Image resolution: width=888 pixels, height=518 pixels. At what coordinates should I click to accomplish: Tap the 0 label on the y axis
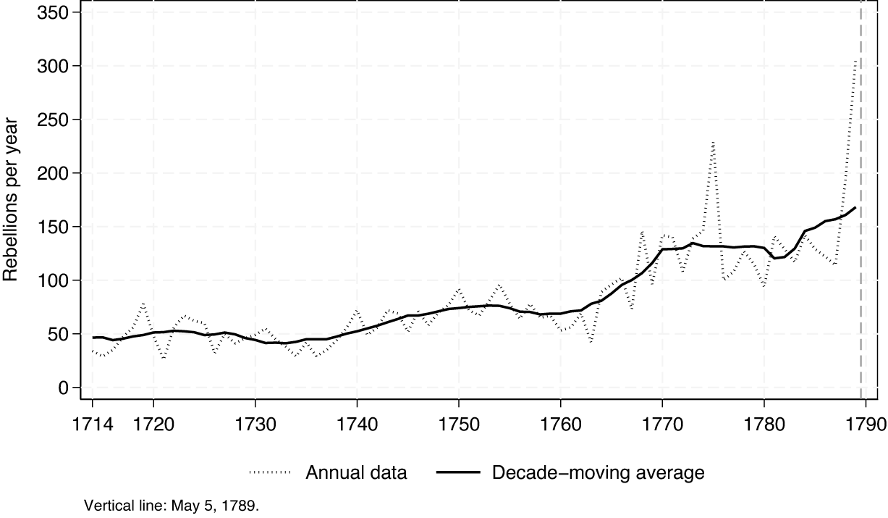(x=64, y=388)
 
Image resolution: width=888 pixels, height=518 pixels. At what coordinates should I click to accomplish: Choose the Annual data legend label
(x=356, y=474)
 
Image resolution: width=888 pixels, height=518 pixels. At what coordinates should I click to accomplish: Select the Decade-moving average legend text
(x=598, y=474)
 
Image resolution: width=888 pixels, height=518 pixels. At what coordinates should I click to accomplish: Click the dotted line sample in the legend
(x=270, y=474)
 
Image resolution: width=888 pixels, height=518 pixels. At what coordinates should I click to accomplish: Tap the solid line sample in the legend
(x=458, y=474)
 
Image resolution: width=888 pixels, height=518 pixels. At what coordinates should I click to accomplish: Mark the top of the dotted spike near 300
(x=855, y=61)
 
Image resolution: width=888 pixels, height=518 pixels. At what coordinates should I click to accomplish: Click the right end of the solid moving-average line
(x=855, y=208)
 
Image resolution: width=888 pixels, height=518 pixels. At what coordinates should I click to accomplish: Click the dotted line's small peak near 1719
(x=143, y=304)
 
